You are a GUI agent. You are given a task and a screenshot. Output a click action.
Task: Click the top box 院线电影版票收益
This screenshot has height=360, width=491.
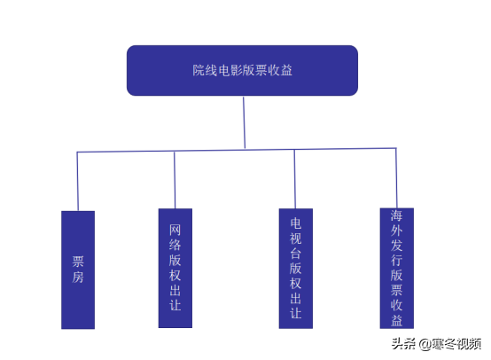coord(242,71)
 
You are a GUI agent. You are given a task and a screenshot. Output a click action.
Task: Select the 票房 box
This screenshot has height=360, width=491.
coord(78,270)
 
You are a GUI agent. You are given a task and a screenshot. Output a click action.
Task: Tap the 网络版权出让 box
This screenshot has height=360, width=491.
coord(175,268)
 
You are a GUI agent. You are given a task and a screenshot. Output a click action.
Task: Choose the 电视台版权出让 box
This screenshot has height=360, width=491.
coord(296,269)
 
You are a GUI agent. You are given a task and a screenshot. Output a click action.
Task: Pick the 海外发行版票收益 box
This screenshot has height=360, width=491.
coord(397,268)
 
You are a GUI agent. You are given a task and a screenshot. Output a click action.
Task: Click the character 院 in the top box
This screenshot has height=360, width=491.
coord(199,70)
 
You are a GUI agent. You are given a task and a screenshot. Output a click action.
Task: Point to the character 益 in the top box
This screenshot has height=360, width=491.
coord(286,70)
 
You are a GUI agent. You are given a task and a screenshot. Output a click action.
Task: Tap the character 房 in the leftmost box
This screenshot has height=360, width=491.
coord(78,278)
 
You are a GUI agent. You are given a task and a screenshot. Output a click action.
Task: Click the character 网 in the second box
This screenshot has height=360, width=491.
coord(175,230)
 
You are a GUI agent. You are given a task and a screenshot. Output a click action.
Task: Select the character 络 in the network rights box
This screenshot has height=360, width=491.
coord(175,245)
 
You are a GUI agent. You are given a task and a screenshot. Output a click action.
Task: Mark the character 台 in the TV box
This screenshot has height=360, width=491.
coord(296,254)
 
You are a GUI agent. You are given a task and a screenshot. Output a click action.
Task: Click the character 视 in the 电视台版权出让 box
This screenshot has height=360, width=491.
coord(296,239)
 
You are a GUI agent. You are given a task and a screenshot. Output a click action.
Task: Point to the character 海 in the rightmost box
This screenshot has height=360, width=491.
coord(396,215)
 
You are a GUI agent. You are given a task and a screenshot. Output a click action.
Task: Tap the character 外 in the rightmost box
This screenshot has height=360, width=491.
coord(396,231)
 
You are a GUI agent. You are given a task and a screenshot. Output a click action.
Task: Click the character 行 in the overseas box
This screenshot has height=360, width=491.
coord(396,261)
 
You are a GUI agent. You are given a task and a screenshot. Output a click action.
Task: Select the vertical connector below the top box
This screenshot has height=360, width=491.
coord(244,122)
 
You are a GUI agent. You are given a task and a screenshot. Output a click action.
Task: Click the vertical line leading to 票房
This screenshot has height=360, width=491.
coord(78,182)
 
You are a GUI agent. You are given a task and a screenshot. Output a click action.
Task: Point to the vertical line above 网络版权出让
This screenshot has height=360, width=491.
coord(175,180)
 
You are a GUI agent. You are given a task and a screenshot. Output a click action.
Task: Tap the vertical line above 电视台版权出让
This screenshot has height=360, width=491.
coord(294,179)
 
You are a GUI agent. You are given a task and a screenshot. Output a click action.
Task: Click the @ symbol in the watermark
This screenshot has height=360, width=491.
coord(425,344)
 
